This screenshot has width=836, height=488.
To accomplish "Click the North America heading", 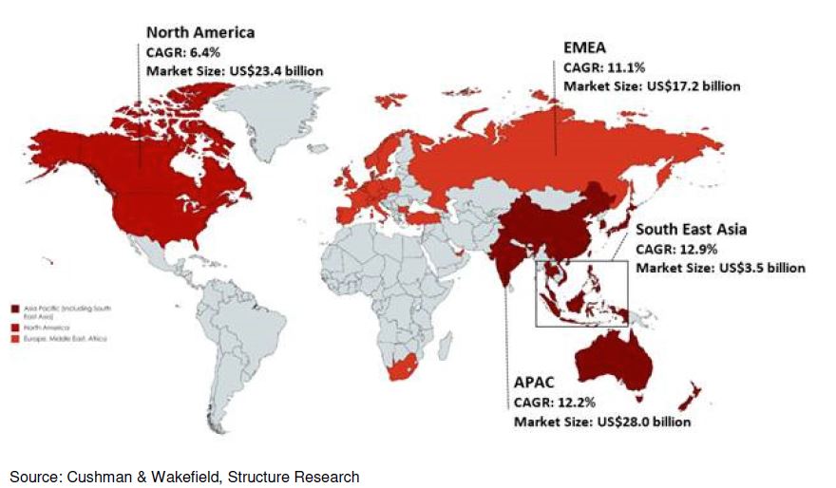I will [199, 33].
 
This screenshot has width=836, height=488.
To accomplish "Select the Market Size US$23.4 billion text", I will [234, 70].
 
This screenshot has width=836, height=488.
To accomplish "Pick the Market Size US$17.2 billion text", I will [652, 86].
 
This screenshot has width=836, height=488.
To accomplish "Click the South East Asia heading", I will [691, 230].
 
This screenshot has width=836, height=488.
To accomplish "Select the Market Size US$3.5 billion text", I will [720, 269].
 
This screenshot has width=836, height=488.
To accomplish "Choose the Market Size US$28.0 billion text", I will [601, 422].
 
